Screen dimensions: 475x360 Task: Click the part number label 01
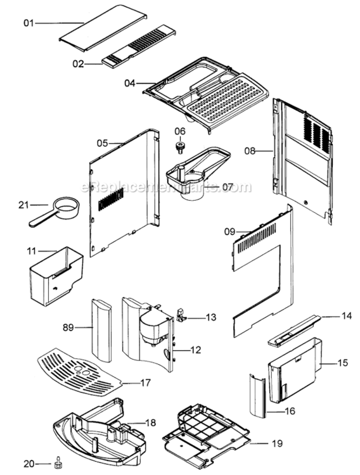coord(28,23)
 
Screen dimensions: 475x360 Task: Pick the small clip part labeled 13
coord(182,315)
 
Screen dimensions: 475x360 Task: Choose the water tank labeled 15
coord(293,371)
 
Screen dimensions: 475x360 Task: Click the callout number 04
coord(130,83)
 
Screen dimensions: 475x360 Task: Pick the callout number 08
coord(250,151)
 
